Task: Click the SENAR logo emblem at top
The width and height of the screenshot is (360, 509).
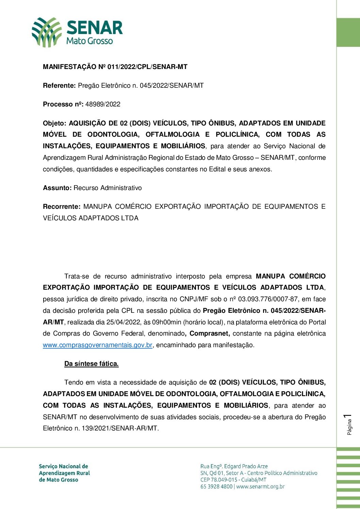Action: (x=47, y=32)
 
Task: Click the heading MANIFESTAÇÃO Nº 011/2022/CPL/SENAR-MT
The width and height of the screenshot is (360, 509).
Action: (x=115, y=67)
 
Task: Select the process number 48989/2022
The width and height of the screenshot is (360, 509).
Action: (x=103, y=104)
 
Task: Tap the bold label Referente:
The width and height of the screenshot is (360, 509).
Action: (x=59, y=86)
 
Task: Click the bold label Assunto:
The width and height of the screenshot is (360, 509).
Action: (x=57, y=188)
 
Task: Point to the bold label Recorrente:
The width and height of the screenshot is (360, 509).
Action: (x=62, y=207)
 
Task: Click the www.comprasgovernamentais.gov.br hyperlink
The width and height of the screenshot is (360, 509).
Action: (x=97, y=345)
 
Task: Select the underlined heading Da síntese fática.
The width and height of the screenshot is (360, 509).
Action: (x=91, y=364)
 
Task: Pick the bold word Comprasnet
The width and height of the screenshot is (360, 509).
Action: (x=209, y=334)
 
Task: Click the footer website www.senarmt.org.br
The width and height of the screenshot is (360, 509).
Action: (x=260, y=487)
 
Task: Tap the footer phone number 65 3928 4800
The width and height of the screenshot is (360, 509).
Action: (x=216, y=487)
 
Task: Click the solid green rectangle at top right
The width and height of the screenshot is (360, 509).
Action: (x=348, y=33)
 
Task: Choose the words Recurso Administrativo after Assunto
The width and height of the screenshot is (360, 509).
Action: (x=108, y=188)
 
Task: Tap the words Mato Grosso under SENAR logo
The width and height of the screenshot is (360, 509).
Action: (x=89, y=41)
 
